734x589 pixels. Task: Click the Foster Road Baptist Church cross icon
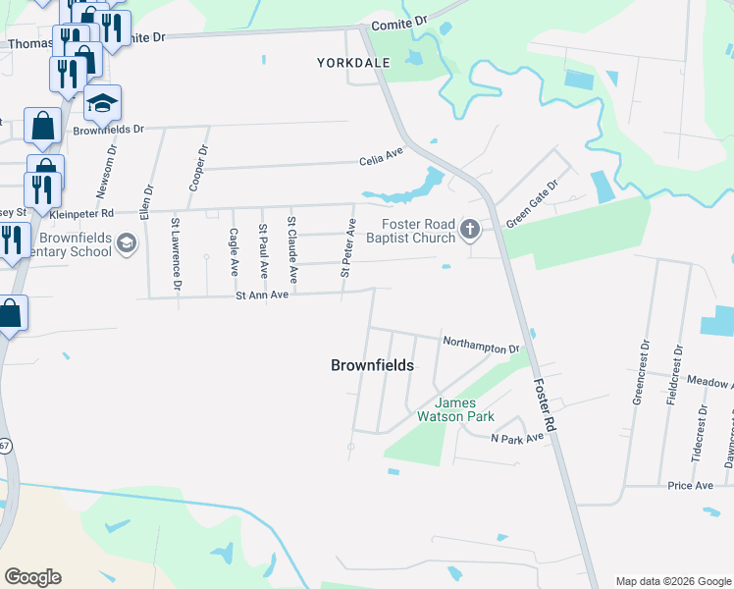pyautogui.click(x=470, y=231)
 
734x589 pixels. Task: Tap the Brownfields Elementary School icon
pyautogui.click(x=126, y=242)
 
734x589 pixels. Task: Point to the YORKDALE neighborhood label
pyautogui.click(x=353, y=63)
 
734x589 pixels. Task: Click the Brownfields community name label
pyautogui.click(x=372, y=365)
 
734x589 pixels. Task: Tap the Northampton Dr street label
pyautogui.click(x=480, y=345)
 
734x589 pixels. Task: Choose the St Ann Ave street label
pyautogui.click(x=261, y=294)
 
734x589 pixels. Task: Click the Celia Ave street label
pyautogui.click(x=381, y=155)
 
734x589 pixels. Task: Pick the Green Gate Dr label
pyautogui.click(x=532, y=203)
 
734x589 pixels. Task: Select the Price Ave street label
pyautogui.click(x=690, y=486)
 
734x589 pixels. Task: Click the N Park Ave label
pyautogui.click(x=517, y=438)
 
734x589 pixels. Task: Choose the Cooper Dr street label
pyautogui.click(x=197, y=169)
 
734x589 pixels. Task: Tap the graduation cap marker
pyautogui.click(x=102, y=102)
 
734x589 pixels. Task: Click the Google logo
pyautogui.click(x=32, y=577)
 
